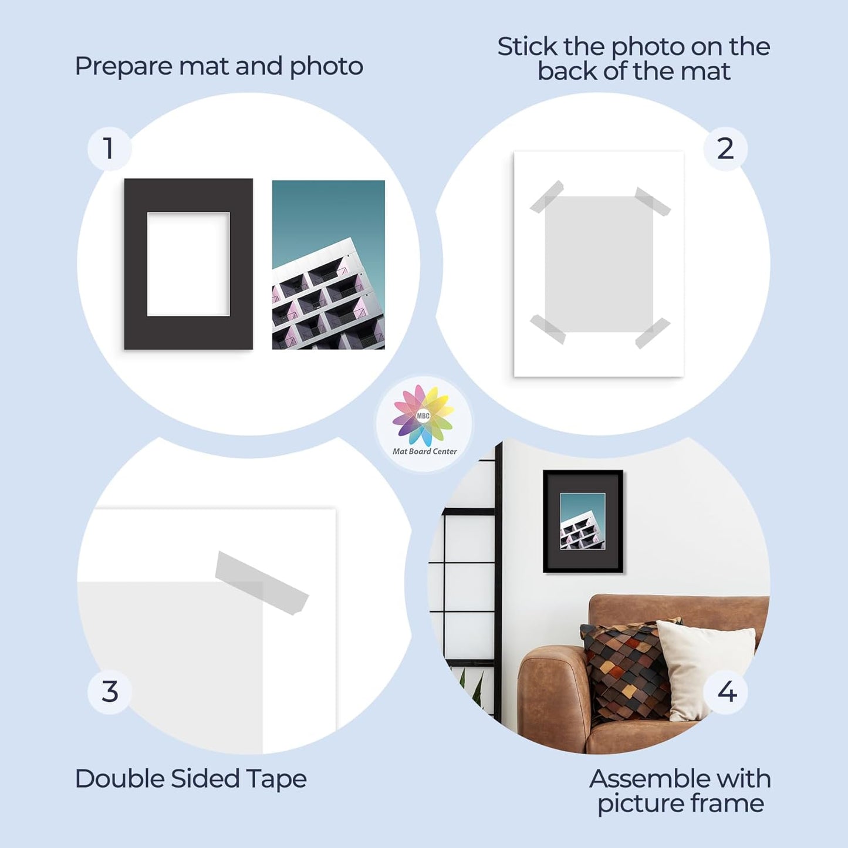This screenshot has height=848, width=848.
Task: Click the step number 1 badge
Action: point(109,148)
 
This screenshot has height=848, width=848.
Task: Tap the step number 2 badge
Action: point(725,148)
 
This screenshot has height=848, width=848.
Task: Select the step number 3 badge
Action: point(109,692)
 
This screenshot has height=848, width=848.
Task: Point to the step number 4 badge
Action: point(727,692)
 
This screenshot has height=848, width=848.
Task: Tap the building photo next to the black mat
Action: point(328,264)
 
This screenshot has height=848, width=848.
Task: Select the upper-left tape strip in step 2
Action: point(547,197)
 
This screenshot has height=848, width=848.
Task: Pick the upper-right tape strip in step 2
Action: point(653,201)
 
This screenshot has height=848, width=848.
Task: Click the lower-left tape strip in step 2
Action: point(548,329)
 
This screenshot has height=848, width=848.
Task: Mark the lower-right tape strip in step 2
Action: point(653,333)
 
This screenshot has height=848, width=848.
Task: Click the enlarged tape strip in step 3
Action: point(261,583)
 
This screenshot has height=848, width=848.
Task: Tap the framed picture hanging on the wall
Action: point(583,521)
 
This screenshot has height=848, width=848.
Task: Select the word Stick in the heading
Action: point(527,47)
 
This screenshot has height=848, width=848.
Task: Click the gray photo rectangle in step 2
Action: point(599,264)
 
